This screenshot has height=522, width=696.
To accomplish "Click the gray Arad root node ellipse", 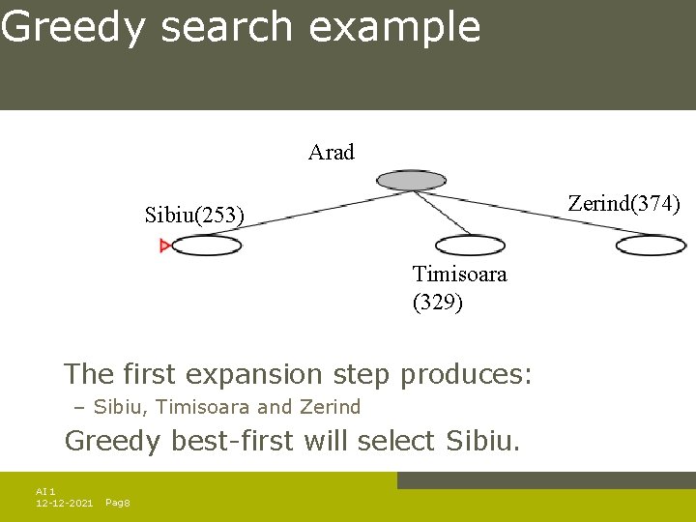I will coord(411,180).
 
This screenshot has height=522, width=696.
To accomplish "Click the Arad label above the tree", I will coord(332,152).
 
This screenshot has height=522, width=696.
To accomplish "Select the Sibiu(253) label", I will coord(194,214).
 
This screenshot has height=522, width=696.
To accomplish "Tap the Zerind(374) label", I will coord(624,203).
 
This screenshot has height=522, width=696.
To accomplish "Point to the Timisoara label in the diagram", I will coord(459,274).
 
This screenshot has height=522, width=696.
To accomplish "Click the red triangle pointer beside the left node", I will coord(165,246).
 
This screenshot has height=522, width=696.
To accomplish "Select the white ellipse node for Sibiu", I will coord(207,246).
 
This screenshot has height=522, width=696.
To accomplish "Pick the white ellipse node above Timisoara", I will coord(470,245).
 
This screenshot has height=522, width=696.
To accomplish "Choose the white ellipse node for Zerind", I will coord(651,245).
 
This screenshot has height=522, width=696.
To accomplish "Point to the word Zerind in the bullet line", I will coord(330,407).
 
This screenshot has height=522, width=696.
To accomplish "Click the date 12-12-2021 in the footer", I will coord(64,504).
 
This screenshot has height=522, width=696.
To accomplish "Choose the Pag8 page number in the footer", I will coord(118,504).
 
